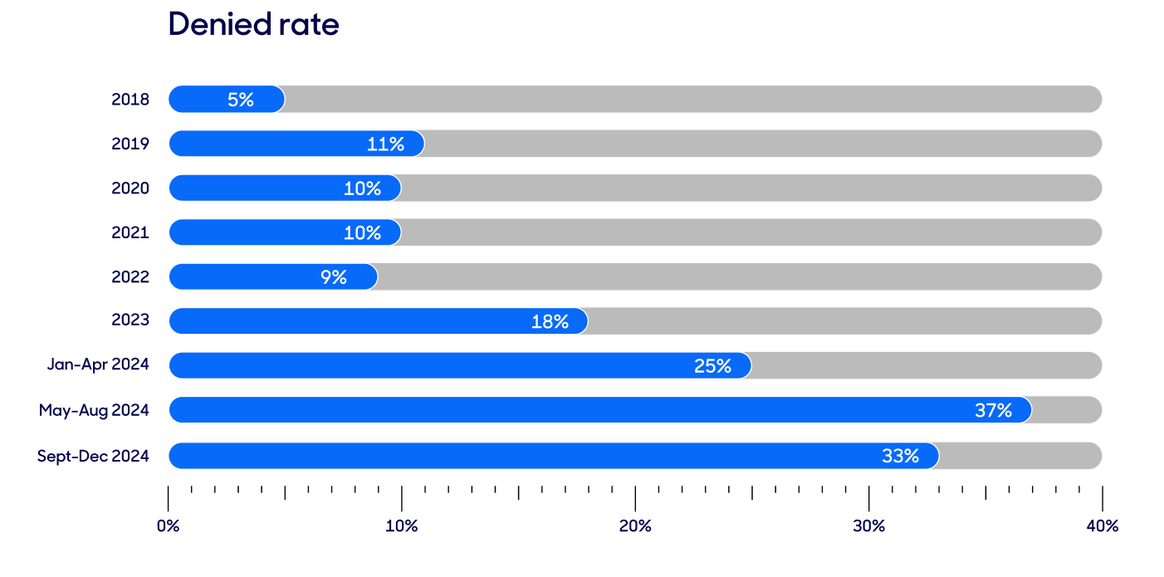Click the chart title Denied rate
pos(253,24)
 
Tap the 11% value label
pos(385,144)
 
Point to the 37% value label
pos(993,410)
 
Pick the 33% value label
pos(900,456)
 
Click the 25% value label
pos(712,366)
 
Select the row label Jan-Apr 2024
pos(98,365)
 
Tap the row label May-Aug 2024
pos(94,410)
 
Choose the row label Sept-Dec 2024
pos(93,456)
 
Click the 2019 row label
pos(130,144)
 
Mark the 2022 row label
pos(130,276)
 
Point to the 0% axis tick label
pos(169,526)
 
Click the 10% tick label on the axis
pos(402,526)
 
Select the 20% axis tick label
pos(635,526)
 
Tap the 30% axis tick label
pos(868,526)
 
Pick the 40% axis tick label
pos(1102,526)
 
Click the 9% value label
pos(334,277)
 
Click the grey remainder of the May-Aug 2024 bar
pos(1067,410)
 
